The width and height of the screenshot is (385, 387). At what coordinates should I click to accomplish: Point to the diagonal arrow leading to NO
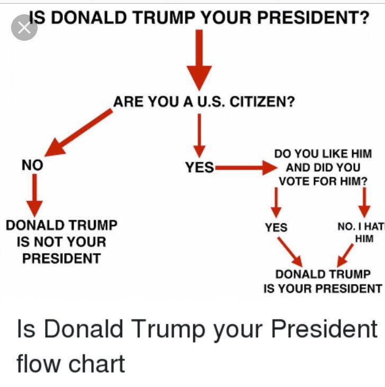pos(81,132)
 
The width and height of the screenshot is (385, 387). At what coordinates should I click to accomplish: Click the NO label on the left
pos(32,165)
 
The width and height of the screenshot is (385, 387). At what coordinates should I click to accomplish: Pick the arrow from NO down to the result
pos(34,194)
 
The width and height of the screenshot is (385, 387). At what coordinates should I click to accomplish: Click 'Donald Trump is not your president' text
pos(61,242)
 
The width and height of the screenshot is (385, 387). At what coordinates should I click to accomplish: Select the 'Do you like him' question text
pos(323,168)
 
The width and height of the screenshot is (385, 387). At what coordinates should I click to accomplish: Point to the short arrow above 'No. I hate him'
pos(364,201)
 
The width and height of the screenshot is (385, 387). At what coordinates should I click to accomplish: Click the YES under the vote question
pos(276,228)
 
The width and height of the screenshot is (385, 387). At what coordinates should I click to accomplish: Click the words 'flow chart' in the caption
pos(71,364)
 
